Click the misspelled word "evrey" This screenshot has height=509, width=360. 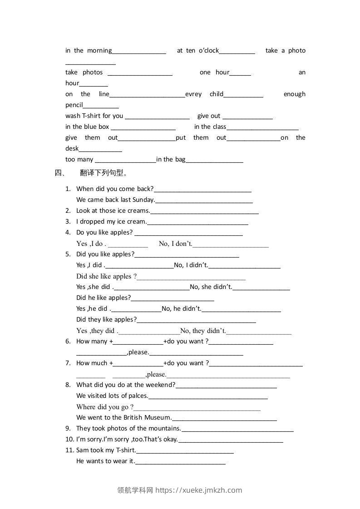(193, 94)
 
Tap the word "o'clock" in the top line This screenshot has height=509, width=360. (209, 50)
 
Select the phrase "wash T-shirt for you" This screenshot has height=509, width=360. (94, 116)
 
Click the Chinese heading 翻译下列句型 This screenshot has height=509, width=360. (103, 173)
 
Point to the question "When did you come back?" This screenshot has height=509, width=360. (115, 189)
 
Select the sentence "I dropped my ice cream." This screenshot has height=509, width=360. (112, 221)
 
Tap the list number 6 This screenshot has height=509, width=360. (68, 341)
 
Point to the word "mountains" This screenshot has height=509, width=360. (165, 428)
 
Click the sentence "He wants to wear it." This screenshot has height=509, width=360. (106, 461)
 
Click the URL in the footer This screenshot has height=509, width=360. (199, 490)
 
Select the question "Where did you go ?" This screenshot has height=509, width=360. (105, 407)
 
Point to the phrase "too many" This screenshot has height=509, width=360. (79, 159)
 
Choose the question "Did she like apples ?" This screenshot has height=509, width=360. (107, 276)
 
